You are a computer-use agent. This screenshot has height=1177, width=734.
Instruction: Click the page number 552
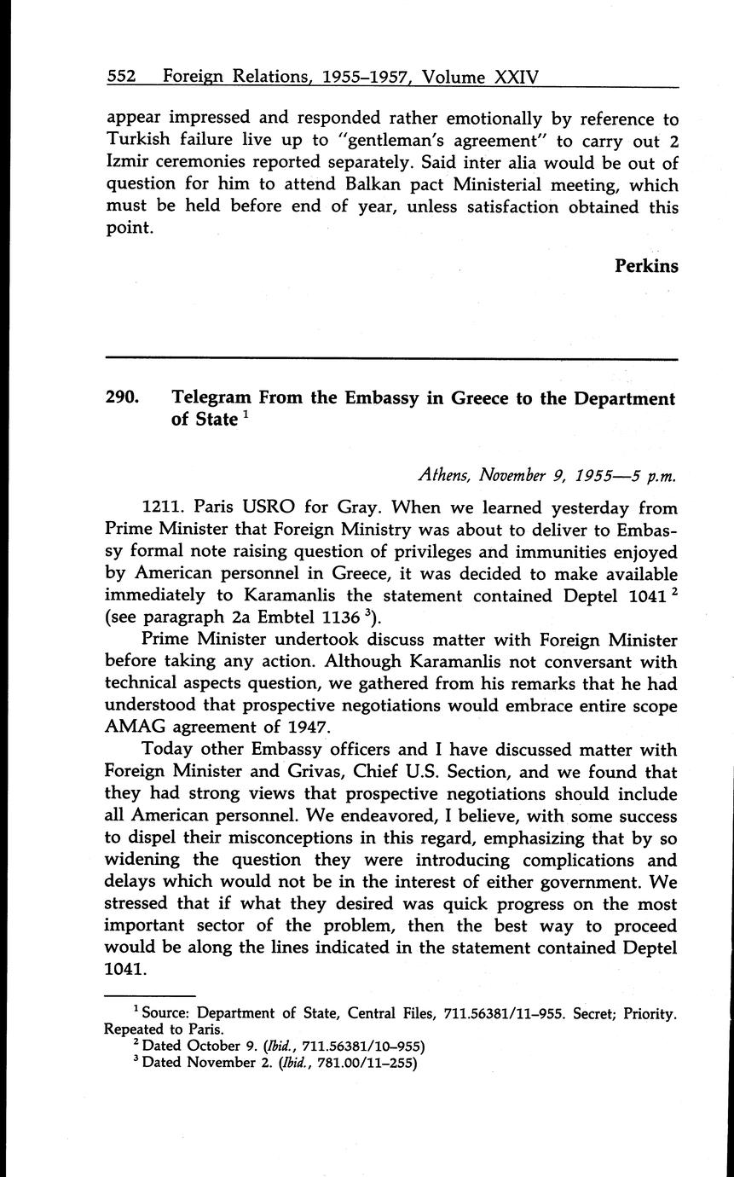coord(122,78)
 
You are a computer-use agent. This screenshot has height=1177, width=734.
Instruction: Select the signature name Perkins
coord(646,266)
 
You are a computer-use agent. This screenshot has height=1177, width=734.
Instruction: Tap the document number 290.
coord(123,398)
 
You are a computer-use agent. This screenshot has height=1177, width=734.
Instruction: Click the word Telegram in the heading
coord(211,398)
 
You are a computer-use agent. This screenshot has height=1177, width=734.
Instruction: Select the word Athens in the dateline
coord(444,474)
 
